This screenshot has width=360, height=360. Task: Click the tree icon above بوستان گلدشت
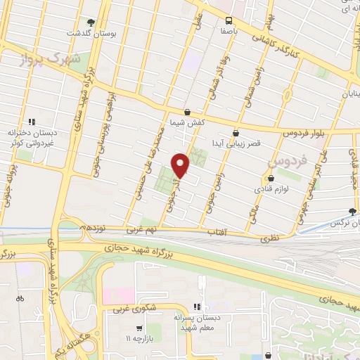[x=89, y=22]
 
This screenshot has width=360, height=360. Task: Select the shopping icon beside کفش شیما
[x=187, y=112]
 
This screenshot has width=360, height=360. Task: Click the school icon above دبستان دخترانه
[x=31, y=121]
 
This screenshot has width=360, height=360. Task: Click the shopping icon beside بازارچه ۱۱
[x=139, y=328]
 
